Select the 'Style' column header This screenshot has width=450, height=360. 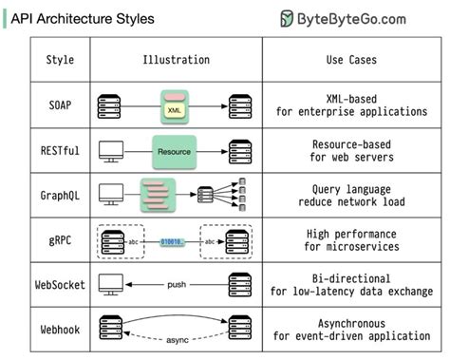tap(60, 60)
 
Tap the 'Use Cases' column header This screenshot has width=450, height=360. tap(349, 60)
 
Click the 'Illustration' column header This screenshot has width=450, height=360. tap(176, 60)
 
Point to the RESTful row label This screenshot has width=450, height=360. tap(60, 150)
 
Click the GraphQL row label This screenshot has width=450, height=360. tap(60, 195)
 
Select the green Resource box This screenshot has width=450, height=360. tap(175, 150)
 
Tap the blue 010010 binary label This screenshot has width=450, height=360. tap(173, 242)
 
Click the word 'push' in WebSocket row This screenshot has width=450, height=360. tap(176, 284)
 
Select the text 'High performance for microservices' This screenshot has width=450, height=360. tap(349, 240)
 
